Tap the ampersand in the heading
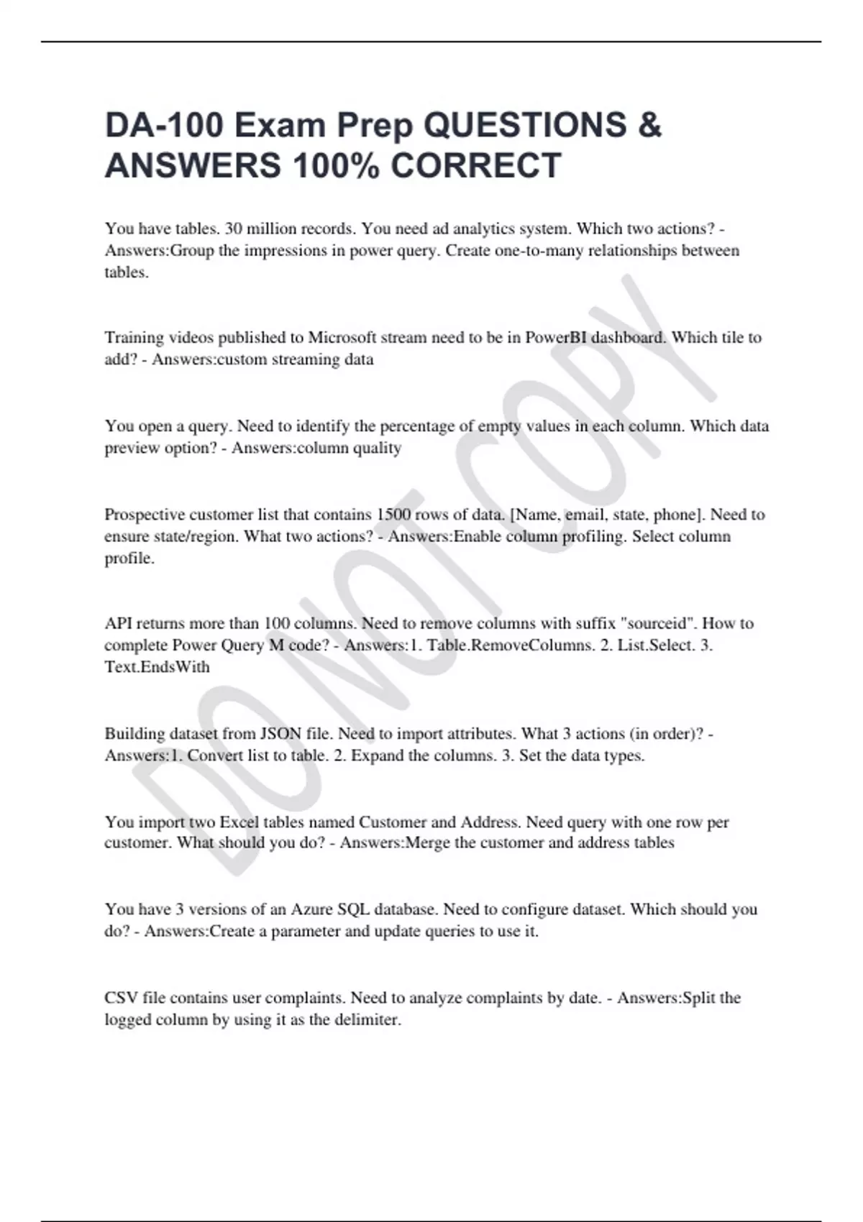[649, 126]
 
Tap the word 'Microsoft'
[344, 337]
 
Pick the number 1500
[393, 514]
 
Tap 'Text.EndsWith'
[157, 666]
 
